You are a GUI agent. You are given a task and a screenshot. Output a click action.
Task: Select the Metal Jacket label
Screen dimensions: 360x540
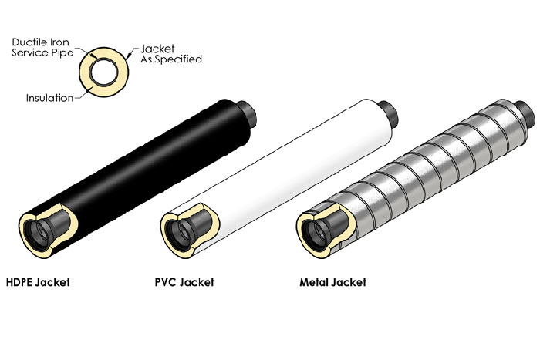click(332, 282)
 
